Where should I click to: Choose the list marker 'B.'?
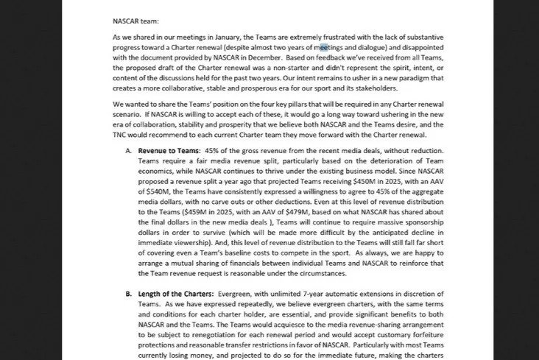point(129,294)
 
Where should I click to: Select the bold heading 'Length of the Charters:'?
point(182,294)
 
